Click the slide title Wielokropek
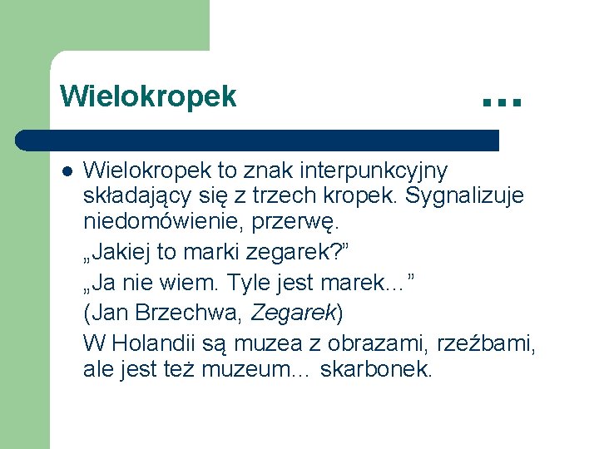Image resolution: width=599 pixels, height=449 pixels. pos(148,96)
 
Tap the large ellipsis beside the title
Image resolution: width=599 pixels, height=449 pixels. pos(501,102)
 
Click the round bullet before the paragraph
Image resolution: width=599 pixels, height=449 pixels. pos(67,172)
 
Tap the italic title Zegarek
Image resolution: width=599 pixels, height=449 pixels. pos(292,313)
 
